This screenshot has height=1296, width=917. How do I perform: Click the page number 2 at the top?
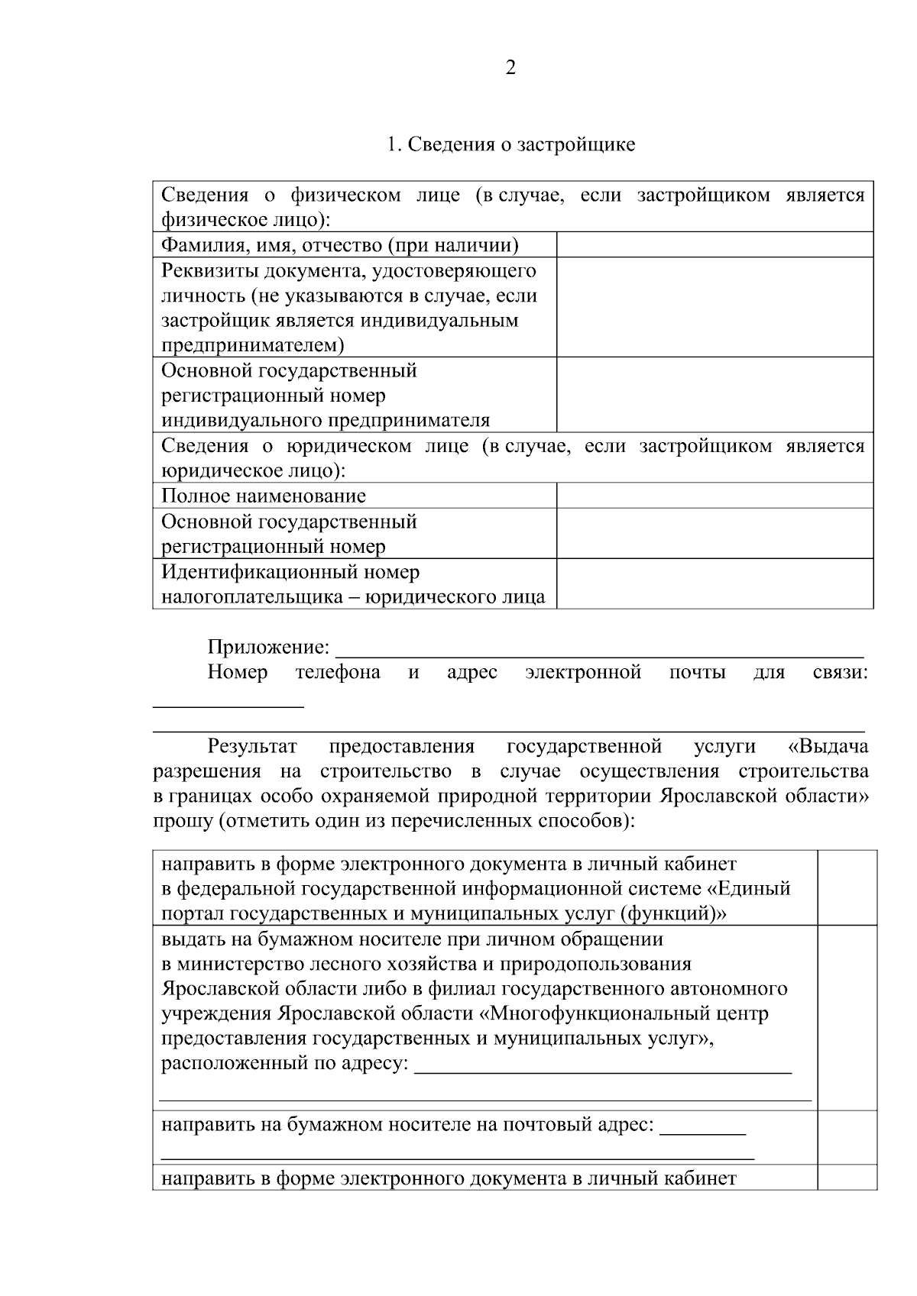[510, 68]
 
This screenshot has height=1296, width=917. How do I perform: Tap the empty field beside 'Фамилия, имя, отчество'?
[714, 244]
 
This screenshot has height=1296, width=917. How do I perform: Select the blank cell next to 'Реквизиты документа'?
[714, 307]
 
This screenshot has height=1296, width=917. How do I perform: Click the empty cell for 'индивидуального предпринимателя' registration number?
[714, 395]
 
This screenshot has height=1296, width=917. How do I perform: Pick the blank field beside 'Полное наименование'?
[714, 496]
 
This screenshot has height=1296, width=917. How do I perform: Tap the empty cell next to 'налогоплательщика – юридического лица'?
[714, 583]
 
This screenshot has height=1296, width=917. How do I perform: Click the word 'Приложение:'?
[268, 648]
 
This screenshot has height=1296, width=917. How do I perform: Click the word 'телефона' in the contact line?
[338, 672]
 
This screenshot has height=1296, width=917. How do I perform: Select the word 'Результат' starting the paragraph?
[252, 746]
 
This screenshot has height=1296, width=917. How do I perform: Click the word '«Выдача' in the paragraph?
[828, 746]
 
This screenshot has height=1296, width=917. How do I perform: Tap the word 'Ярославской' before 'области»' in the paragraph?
[716, 796]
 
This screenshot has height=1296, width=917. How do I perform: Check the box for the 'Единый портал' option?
[847, 887]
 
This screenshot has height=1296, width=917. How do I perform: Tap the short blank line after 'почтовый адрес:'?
[702, 1130]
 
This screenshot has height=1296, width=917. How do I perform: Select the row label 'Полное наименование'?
[264, 496]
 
